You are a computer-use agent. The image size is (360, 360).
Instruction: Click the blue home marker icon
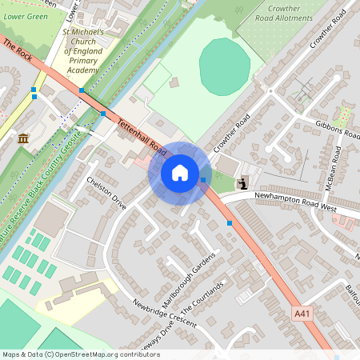tap(180, 172)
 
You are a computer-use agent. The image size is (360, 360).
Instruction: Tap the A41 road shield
tap(301, 313)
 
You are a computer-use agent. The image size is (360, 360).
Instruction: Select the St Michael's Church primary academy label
tap(83, 52)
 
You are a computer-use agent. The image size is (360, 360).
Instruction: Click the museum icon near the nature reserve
tap(23, 138)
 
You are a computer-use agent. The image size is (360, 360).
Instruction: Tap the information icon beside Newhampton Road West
tap(242, 184)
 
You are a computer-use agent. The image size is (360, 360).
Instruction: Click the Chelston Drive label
tap(106, 193)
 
